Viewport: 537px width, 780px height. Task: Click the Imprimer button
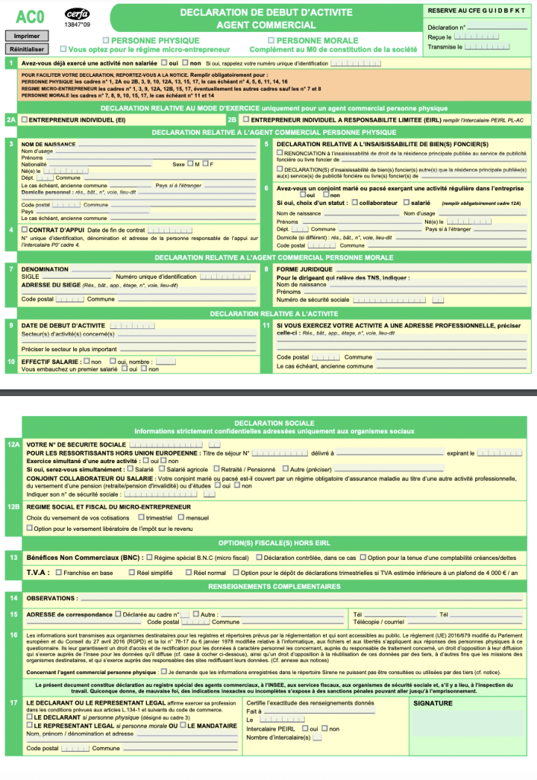(26, 36)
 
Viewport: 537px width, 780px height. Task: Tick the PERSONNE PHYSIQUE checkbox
(106, 40)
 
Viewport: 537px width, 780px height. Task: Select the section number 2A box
(11, 120)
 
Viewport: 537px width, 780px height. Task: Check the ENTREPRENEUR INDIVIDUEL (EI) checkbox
(25, 120)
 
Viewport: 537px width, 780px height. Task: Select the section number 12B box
(12, 506)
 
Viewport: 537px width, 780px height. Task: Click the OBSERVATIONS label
(51, 598)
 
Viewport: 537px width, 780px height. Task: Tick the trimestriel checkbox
(140, 518)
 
